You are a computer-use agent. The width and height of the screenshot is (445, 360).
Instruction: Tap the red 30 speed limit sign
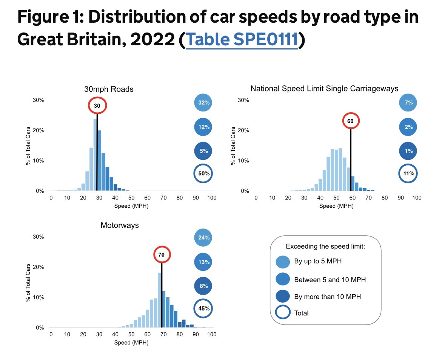click(97, 106)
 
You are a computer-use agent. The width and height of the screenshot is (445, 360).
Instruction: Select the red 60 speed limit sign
click(351, 121)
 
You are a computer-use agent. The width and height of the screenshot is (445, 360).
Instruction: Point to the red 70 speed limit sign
click(162, 255)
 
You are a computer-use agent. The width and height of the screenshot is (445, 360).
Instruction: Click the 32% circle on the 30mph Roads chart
click(204, 103)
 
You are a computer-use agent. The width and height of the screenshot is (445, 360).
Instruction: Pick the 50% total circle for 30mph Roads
click(204, 174)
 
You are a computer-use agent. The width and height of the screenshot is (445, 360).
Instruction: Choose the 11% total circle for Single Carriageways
click(409, 174)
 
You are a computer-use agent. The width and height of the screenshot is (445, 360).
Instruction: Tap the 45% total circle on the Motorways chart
click(204, 308)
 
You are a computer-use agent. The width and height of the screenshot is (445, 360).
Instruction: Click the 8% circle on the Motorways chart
click(204, 286)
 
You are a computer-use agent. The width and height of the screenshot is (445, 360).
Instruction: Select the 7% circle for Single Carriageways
click(409, 103)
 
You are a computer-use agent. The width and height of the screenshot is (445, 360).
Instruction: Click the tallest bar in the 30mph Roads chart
click(95, 155)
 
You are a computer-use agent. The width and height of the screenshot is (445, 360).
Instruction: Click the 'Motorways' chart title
click(120, 226)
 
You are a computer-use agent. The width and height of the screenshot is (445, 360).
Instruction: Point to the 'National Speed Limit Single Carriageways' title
click(324, 89)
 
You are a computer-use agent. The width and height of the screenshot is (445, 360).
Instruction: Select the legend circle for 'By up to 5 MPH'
click(283, 261)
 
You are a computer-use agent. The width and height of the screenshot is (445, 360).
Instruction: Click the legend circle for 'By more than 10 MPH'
click(283, 297)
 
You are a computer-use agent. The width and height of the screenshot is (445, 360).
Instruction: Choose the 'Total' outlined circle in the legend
click(283, 313)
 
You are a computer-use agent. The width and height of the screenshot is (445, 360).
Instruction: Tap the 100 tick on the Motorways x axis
click(212, 335)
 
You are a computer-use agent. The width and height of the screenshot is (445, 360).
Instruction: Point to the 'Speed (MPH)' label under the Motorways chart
click(131, 343)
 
